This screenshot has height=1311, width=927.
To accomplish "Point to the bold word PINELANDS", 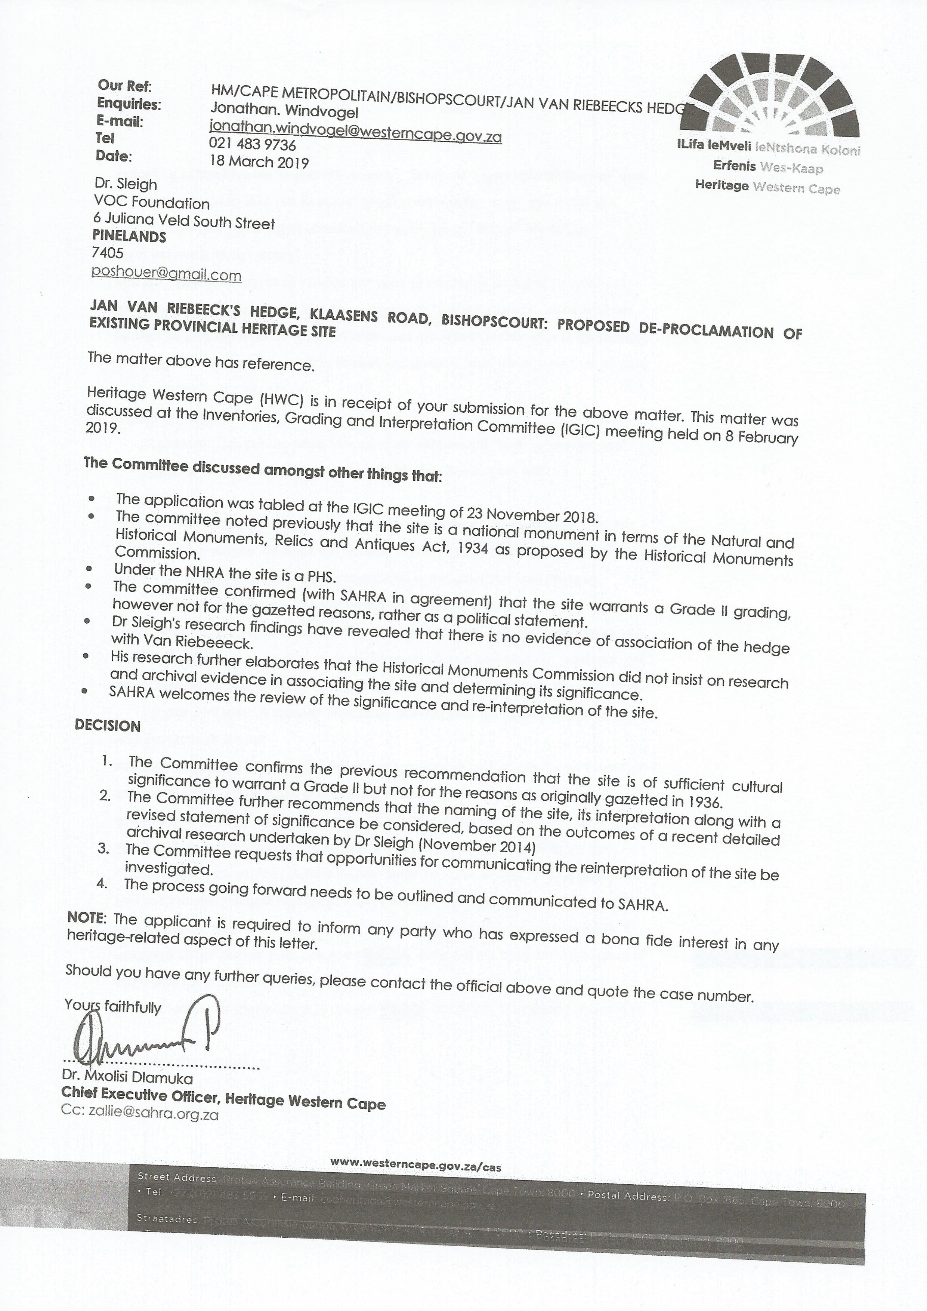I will [x=130, y=236].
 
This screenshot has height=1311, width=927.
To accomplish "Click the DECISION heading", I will [x=107, y=726].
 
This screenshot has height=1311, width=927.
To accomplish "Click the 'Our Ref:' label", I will [x=124, y=86].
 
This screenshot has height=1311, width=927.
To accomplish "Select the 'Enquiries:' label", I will [x=129, y=104].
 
